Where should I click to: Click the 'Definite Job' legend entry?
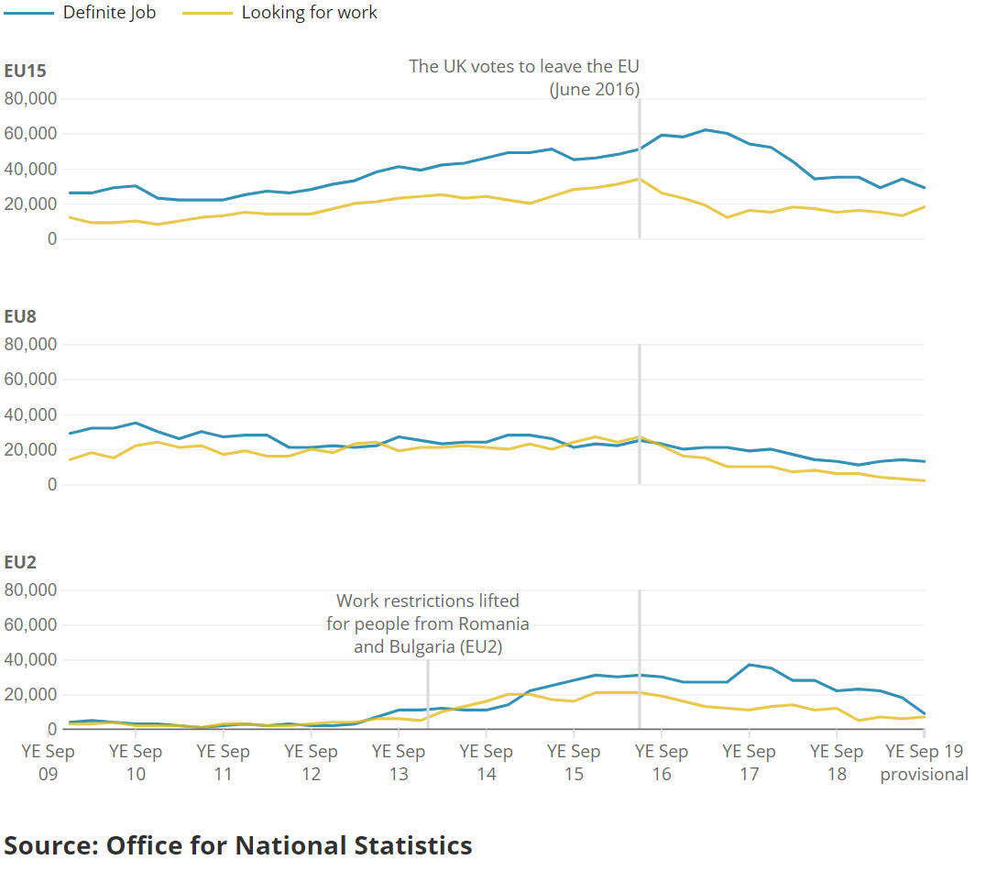80,13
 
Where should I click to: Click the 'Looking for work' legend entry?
279,13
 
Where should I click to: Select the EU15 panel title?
25,71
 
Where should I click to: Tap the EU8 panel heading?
20,316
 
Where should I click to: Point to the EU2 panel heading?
20,562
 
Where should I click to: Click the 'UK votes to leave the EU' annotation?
524,78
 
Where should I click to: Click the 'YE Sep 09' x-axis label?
48,762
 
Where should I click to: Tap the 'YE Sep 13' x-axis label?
399,762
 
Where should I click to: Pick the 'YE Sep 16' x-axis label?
662,762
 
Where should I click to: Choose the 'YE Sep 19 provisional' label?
925,762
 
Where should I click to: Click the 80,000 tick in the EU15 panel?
30,99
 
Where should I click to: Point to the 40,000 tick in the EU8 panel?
30,414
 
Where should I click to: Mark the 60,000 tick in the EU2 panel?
30,624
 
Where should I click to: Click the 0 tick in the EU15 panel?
52,239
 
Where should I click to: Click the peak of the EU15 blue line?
706,130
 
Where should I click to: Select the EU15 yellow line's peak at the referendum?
639,180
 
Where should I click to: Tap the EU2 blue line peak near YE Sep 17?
749,665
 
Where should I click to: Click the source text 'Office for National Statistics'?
290,845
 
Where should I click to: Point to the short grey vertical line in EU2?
428,694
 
